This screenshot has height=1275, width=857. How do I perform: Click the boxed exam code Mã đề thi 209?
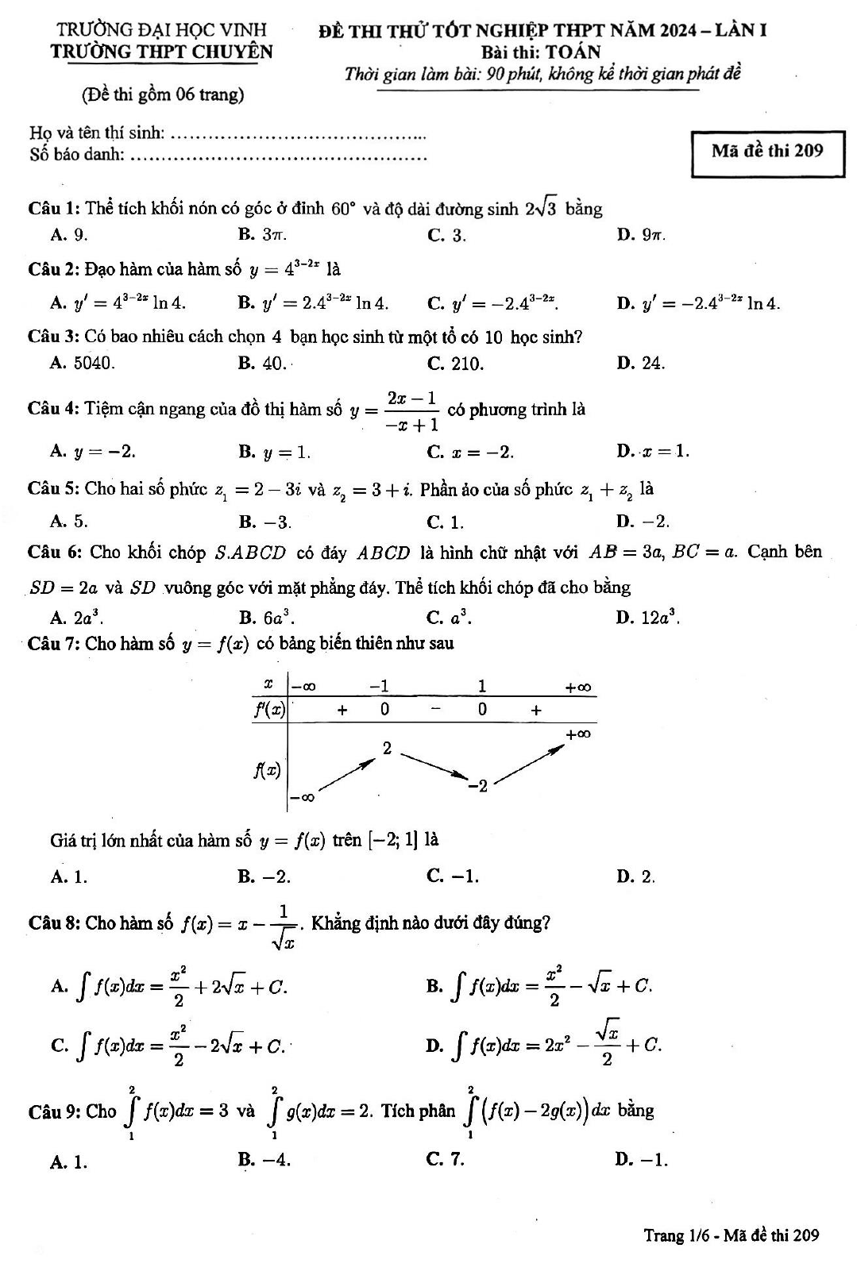click(x=767, y=151)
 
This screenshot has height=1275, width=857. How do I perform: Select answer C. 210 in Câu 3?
click(x=455, y=364)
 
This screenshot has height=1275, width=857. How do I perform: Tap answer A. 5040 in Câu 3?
click(x=83, y=363)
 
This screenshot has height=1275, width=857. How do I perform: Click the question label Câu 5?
click(x=52, y=488)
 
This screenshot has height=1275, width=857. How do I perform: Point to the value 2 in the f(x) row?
click(x=387, y=748)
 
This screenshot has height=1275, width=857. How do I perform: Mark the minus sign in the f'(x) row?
click(x=435, y=709)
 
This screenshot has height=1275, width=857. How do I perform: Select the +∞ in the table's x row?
click(x=577, y=688)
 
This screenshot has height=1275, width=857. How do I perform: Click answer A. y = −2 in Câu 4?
click(x=93, y=452)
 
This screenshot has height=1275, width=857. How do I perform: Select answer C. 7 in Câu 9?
click(x=446, y=1159)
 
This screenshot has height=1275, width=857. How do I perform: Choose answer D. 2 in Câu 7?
click(x=635, y=876)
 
